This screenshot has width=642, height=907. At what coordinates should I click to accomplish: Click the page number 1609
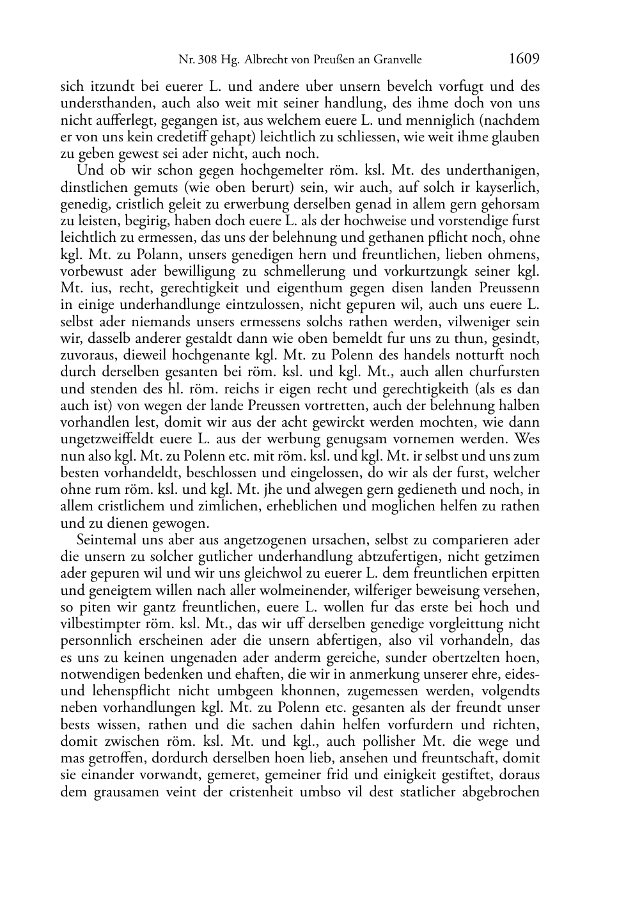coord(524,59)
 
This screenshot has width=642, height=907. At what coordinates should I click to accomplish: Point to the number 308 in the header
coord(207,61)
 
